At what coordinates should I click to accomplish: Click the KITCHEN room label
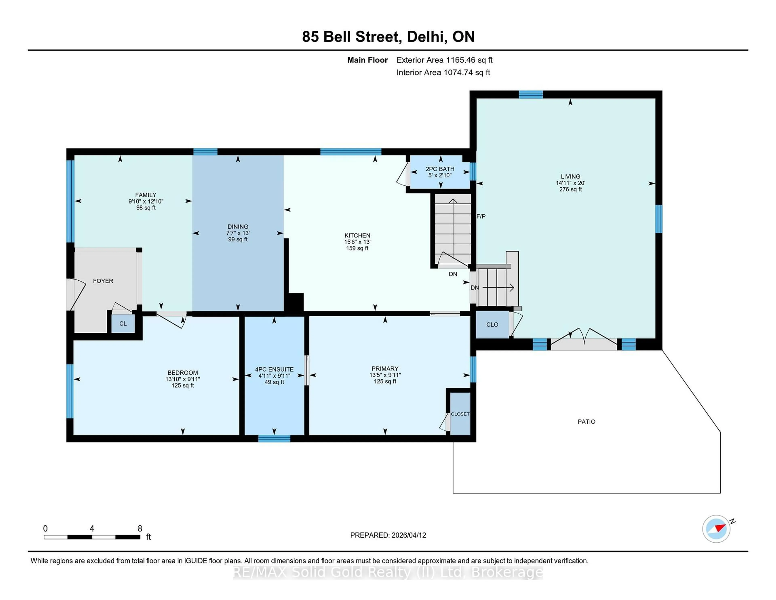357,235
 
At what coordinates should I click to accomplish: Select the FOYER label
103,281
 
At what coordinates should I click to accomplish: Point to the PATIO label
586,421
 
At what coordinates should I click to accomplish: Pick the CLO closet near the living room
492,324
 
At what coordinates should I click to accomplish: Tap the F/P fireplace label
481,216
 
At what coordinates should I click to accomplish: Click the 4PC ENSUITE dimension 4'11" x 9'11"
274,376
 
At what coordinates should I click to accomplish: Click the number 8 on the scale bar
140,529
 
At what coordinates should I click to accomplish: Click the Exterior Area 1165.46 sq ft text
445,60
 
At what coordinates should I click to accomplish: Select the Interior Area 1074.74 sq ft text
443,73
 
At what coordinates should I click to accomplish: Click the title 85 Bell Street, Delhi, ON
388,37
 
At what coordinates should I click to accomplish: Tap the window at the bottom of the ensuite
274,439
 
